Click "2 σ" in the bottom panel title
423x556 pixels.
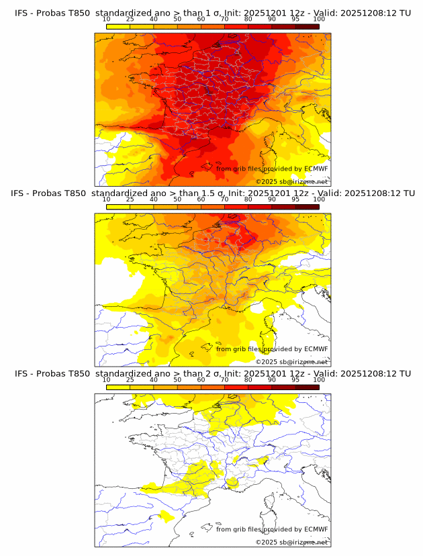tap(208, 373)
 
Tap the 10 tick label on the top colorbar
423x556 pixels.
tap(106, 19)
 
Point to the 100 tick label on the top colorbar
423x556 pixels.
tap(319, 19)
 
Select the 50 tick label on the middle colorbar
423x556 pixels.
tap(177, 199)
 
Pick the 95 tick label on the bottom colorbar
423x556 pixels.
tap(295, 379)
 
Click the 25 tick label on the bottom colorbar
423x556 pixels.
tap(130, 379)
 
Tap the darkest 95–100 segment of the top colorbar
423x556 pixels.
tap(308, 26)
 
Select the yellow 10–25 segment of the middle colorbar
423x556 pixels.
tap(118, 207)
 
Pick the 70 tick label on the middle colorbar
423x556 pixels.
tap(224, 199)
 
